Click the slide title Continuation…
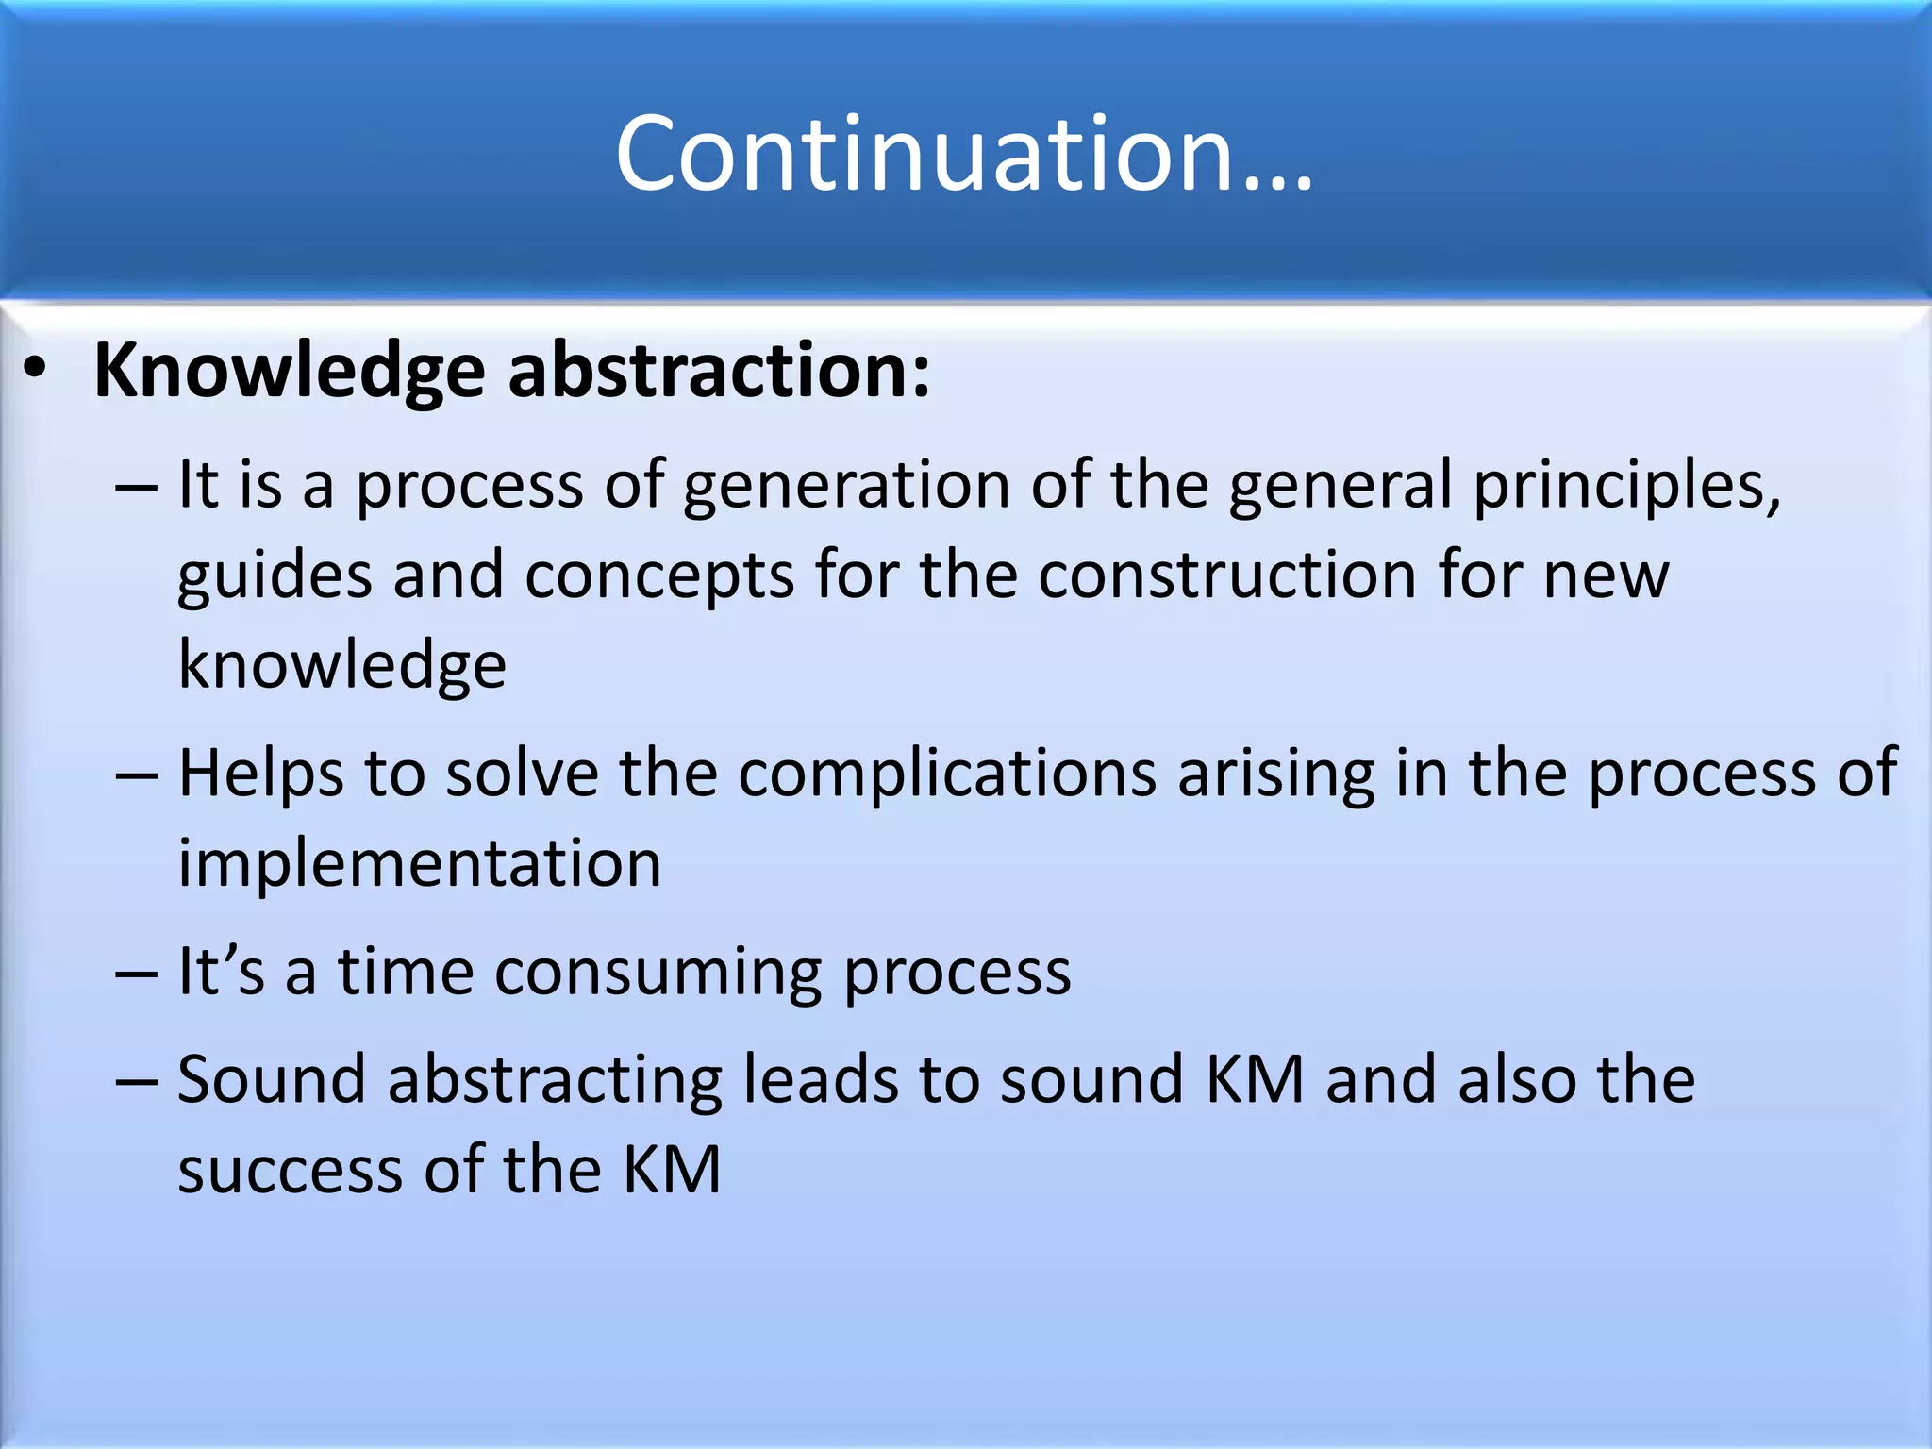click(x=964, y=153)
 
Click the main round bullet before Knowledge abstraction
click(x=35, y=372)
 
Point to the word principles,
click(x=1627, y=486)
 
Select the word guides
click(x=275, y=576)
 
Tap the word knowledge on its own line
click(x=342, y=666)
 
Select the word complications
click(x=947, y=774)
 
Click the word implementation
click(x=420, y=863)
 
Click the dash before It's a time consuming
click(x=136, y=974)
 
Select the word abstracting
click(x=554, y=1080)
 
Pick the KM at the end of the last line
click(x=672, y=1170)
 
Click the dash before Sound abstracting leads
click(x=136, y=1082)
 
